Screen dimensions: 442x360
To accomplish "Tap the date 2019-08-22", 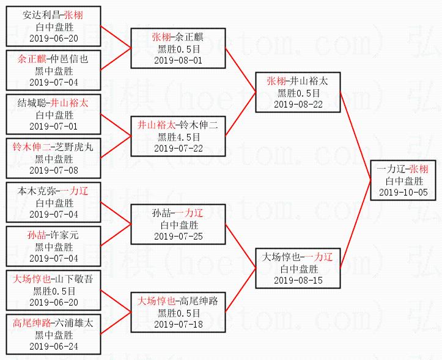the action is pos(298,104).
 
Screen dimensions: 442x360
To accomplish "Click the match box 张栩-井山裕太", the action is pos(298,93).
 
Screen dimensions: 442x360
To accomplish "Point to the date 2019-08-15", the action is pos(298,280).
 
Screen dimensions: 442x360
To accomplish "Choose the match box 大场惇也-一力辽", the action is pos(298,268).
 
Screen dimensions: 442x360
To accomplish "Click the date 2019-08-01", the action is pos(179,60).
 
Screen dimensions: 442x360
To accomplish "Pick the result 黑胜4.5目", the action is pos(179,137).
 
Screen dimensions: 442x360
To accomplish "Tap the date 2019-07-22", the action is pos(179,148).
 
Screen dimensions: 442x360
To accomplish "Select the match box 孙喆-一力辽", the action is pos(179,224).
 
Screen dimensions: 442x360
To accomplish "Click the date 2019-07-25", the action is pos(179,236).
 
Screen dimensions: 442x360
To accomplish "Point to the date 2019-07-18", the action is pos(179,324).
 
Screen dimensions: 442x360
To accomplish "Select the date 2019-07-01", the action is pos(54,126).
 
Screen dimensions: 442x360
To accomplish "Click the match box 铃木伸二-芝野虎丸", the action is pos(54,159).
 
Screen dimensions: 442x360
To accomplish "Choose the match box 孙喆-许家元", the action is pos(54,247).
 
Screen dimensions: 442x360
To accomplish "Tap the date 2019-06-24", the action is pos(54,346).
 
